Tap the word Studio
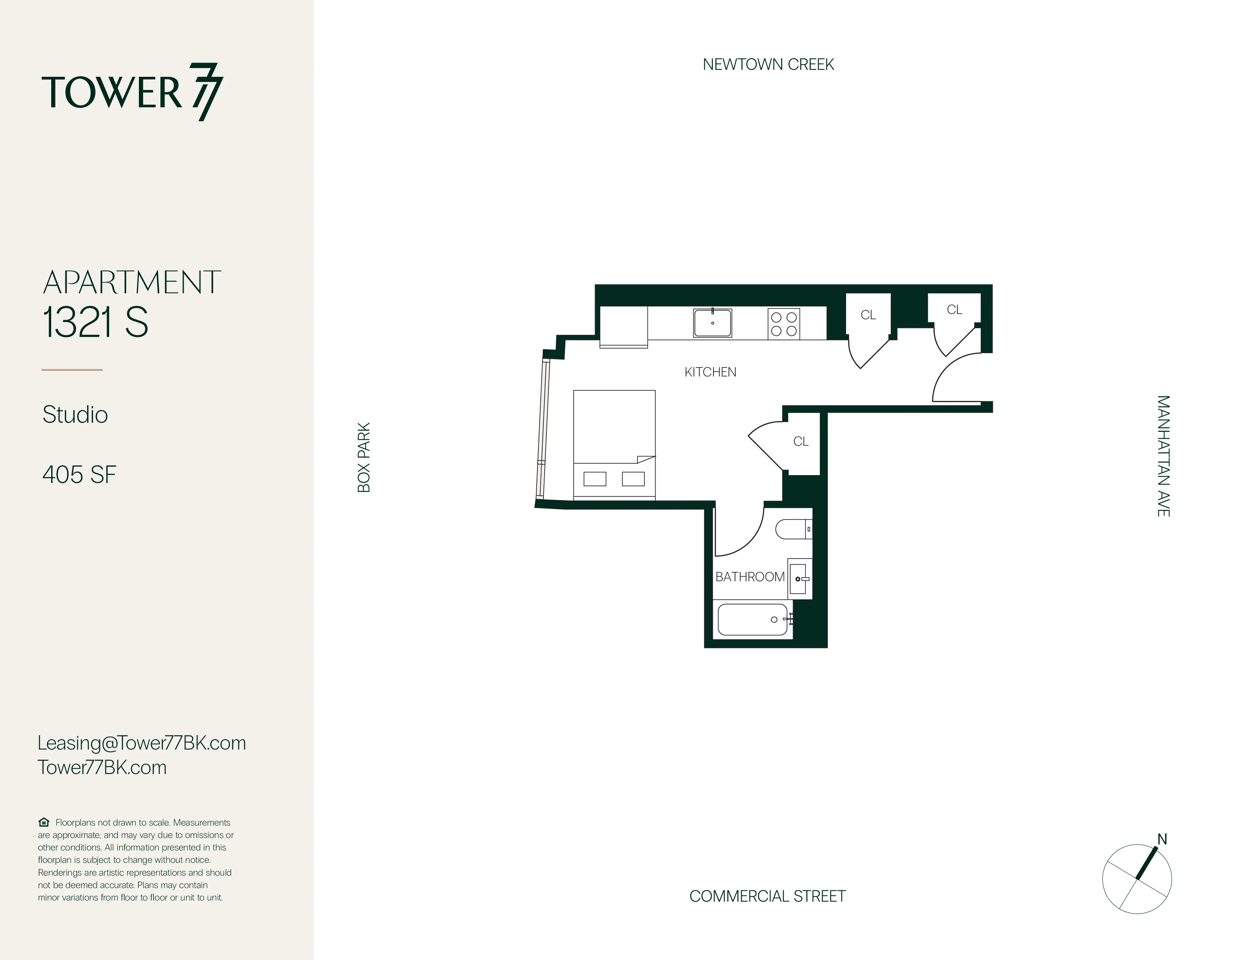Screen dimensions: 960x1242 coord(75,414)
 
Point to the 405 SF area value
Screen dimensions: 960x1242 coord(79,475)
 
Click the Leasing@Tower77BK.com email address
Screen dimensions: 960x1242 coord(142,743)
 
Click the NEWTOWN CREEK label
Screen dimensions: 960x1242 coord(768,65)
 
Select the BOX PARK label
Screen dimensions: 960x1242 coord(364,457)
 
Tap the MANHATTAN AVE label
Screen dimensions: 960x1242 coord(1163,456)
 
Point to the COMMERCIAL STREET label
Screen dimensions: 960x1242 coord(767,896)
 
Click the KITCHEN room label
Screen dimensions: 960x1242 coord(710,372)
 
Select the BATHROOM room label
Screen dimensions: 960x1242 coord(749,577)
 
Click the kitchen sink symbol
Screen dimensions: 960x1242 coord(712,323)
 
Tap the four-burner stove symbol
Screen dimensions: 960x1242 coord(784,324)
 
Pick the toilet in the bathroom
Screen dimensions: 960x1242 coord(793,529)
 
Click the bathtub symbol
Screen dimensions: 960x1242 coord(752,619)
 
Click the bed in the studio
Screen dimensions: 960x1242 coord(614,443)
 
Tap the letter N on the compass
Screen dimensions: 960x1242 coord(1162,840)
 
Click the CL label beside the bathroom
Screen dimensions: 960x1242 coord(801,441)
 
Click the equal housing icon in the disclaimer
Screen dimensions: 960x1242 coord(44,822)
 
